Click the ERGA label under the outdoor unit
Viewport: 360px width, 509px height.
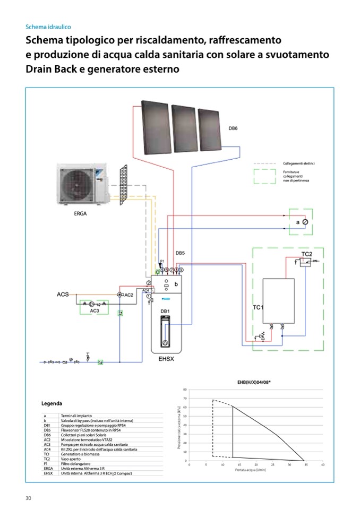(80, 214)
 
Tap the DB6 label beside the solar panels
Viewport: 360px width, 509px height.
(233, 128)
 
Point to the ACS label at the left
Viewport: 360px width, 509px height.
(63, 294)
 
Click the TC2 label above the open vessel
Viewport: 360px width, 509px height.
(306, 254)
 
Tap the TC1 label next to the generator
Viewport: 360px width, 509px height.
(258, 307)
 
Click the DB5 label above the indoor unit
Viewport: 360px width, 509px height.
(180, 253)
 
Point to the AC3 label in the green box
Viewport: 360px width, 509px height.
(95, 310)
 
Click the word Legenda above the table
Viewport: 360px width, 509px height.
(52, 404)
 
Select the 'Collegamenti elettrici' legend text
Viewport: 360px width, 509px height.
(299, 163)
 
